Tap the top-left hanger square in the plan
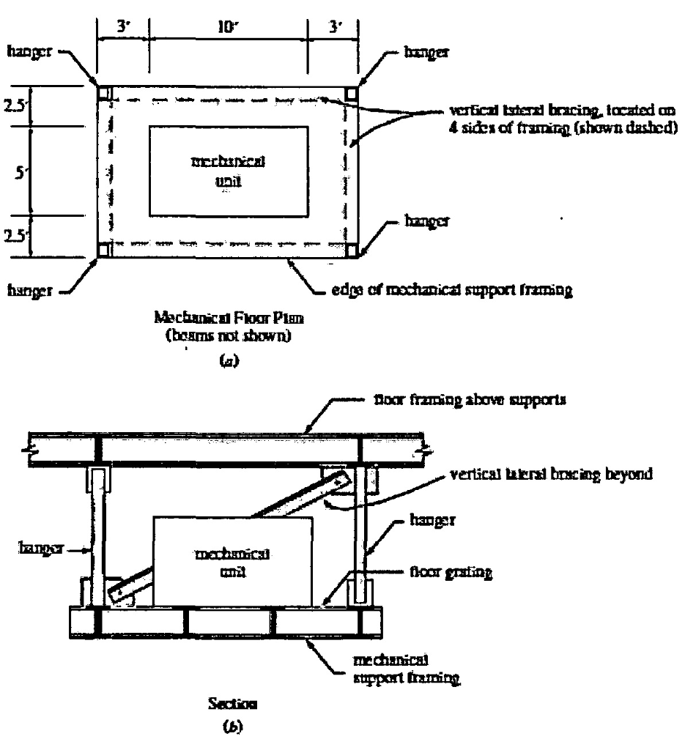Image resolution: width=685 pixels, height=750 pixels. coord(104,93)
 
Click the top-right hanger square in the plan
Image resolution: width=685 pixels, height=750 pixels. coord(352,93)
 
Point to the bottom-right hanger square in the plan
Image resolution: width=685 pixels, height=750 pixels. coord(352,250)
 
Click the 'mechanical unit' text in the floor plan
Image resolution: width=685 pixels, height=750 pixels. coord(228,171)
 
